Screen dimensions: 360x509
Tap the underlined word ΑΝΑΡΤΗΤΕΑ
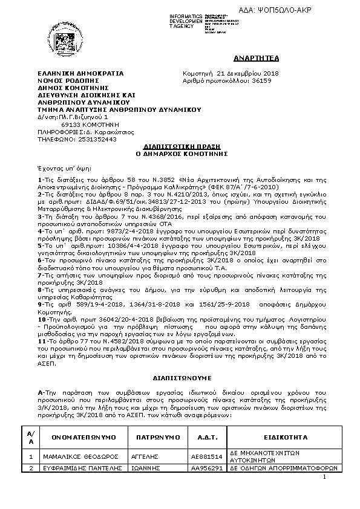tap(248, 58)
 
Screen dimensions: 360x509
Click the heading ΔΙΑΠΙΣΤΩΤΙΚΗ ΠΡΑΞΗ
tap(180, 147)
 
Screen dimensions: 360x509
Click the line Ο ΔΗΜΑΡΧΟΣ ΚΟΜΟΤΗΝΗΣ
tap(180, 154)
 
